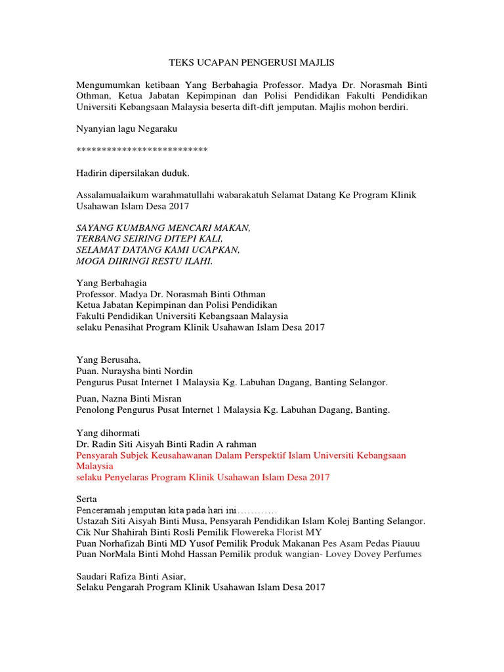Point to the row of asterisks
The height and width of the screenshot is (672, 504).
[142, 151]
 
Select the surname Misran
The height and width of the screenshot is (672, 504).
[167, 398]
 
